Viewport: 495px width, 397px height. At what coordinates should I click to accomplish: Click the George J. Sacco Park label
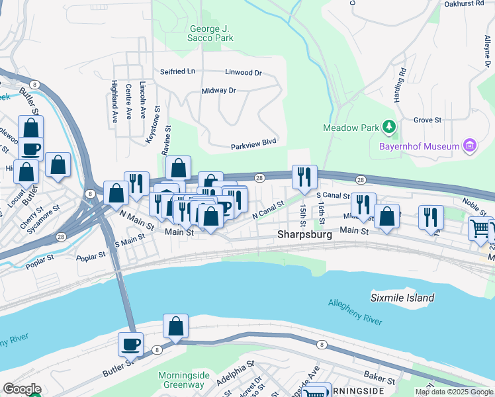click(211, 33)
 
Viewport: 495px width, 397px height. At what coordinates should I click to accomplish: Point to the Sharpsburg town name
click(303, 234)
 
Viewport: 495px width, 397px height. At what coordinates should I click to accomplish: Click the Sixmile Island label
click(402, 298)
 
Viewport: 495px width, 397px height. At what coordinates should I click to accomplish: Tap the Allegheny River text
click(355, 312)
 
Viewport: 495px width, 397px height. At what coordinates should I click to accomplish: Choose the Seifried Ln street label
click(177, 71)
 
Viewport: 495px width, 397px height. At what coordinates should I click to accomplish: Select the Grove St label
click(427, 120)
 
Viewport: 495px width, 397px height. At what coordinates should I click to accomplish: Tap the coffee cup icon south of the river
click(130, 344)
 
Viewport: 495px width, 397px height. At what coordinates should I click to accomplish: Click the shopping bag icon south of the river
click(175, 326)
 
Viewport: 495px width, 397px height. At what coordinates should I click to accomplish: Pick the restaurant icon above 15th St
click(304, 177)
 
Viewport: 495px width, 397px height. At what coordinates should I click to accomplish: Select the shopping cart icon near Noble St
click(481, 229)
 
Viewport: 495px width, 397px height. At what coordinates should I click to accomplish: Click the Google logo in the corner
click(21, 389)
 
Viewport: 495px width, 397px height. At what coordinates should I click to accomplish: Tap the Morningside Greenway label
click(184, 380)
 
